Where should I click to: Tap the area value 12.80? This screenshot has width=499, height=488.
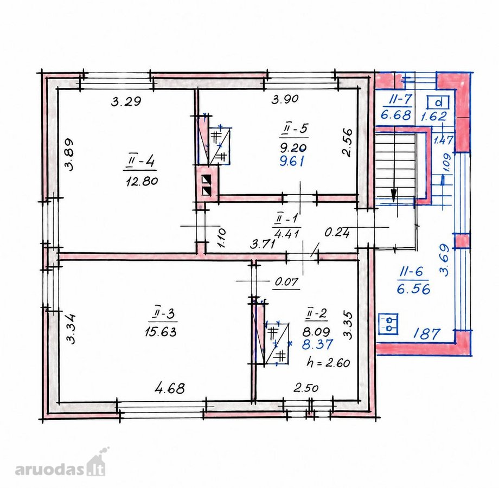(x=142, y=181)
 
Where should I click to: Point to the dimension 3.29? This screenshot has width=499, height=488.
(x=126, y=101)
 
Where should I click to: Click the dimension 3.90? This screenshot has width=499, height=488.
(x=285, y=99)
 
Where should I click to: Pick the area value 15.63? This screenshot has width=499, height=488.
(x=161, y=332)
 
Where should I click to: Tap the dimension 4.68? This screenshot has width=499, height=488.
(x=170, y=388)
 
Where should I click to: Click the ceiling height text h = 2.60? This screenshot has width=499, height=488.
(x=328, y=362)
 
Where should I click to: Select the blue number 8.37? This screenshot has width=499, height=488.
(x=317, y=344)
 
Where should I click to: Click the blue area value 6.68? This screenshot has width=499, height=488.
(x=396, y=114)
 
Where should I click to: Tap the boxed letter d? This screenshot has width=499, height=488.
(x=438, y=102)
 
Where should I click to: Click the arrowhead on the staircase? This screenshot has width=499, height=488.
(x=394, y=195)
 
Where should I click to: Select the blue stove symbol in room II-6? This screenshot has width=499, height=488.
(x=388, y=324)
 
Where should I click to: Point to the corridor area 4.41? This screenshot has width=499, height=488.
(x=287, y=234)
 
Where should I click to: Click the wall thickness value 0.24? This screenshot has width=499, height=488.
(x=337, y=233)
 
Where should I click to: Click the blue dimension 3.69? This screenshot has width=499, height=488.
(x=444, y=260)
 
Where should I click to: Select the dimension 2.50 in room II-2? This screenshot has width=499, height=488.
(x=306, y=388)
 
